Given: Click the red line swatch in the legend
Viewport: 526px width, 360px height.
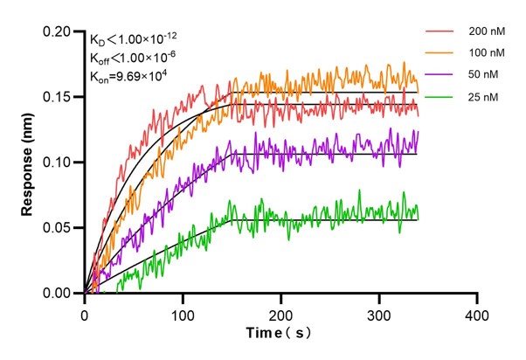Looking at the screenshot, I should pos(439,31).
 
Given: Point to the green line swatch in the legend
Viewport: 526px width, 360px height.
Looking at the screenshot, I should pos(439,97).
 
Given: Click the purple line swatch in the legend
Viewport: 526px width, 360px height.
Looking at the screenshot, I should pos(439,75).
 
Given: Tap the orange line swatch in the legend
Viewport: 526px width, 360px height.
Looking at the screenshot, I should pos(439,53).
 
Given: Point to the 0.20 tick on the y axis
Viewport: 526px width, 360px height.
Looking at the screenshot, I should pos(60,32).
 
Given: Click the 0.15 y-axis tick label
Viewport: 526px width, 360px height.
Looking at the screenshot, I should pos(60,97).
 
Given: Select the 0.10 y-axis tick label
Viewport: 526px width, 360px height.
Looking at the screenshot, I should pos(60,163).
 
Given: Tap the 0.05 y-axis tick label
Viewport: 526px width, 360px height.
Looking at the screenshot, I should pos(60,228).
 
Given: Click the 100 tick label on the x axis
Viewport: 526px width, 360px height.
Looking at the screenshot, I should pos(183,313).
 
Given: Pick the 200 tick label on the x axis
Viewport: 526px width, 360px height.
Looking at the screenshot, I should pos(280,313).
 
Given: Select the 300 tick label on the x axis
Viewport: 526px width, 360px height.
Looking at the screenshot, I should pos(378,313).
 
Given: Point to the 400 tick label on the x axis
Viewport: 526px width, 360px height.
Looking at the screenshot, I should pos(476,313).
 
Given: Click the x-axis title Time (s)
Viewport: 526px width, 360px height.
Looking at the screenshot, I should pos(280,334).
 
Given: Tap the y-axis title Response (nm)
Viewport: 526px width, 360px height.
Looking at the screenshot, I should pos(30,162).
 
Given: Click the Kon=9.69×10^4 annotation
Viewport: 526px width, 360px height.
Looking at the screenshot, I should pos(128,76).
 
